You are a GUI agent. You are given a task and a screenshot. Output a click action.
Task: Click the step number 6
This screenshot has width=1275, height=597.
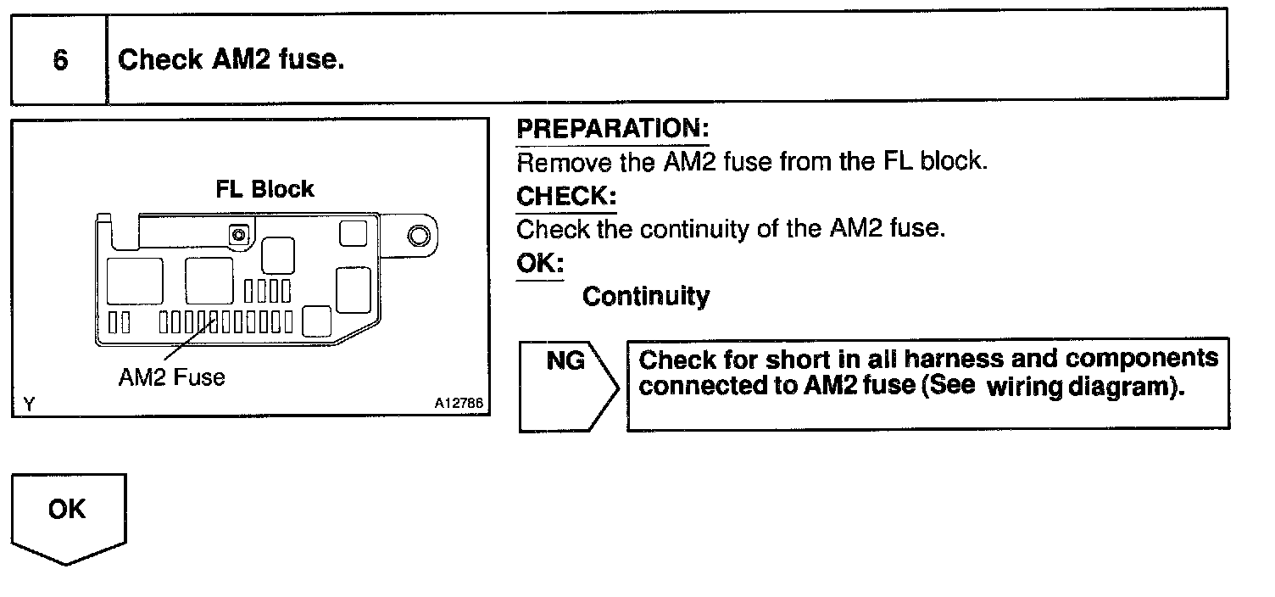coord(60,61)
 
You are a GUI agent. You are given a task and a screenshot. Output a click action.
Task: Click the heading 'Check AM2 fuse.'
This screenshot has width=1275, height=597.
coord(231,60)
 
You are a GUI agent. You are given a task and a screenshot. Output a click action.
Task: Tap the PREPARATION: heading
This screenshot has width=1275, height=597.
coord(612,129)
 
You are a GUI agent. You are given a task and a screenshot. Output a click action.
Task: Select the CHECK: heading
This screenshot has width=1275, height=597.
coord(566,197)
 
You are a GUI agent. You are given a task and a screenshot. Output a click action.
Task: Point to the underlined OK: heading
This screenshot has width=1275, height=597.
coord(540,264)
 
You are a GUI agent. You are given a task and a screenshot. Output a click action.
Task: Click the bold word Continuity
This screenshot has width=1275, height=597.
coord(646,297)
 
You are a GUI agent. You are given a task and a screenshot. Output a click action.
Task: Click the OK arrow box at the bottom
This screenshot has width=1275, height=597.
coord(68,516)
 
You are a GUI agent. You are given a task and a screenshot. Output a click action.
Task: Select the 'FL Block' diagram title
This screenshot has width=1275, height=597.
coord(264,189)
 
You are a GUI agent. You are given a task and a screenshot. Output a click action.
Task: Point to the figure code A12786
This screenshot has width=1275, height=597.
coord(459,405)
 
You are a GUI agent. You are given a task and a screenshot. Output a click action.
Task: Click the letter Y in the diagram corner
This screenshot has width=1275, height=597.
coord(30,405)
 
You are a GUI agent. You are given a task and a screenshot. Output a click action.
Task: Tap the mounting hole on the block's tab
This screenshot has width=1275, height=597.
coord(419,235)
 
